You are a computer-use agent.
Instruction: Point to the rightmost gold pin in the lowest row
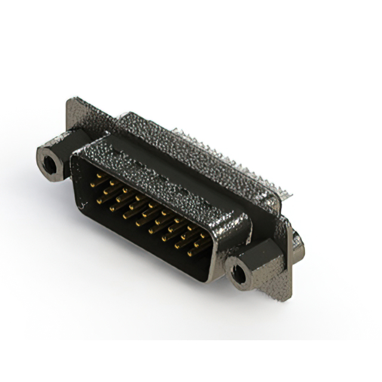(192, 252)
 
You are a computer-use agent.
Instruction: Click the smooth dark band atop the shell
(149, 143)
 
